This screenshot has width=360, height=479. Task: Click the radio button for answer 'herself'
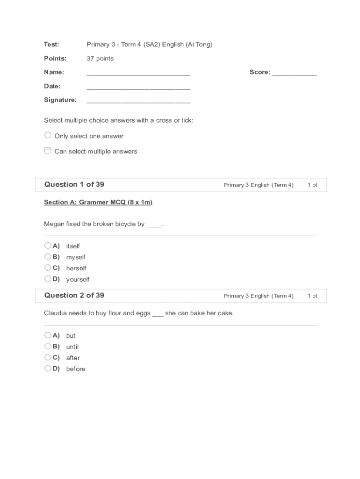[x=48, y=268]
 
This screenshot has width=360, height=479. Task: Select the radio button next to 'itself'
[x=48, y=246]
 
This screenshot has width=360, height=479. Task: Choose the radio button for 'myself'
[x=48, y=256]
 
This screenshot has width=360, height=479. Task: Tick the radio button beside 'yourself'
[x=48, y=279]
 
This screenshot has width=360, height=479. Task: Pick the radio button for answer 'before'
[x=48, y=368]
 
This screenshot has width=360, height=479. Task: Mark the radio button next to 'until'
[x=48, y=346]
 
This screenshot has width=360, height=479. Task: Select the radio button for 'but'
[x=48, y=335]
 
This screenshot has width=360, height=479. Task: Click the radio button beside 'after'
[x=48, y=357]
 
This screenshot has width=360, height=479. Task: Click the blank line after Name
[x=138, y=73]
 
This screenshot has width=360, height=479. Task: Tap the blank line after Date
[x=138, y=87]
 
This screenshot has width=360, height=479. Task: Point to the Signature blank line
[x=138, y=101]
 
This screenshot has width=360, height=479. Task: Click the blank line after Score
[x=295, y=73]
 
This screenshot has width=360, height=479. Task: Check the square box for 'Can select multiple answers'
[x=48, y=151]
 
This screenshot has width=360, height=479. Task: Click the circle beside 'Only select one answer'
[x=48, y=135]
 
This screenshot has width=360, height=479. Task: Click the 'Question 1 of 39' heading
[x=74, y=184]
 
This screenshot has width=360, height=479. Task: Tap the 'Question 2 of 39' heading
[x=74, y=295]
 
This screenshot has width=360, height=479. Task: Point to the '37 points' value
[x=100, y=58]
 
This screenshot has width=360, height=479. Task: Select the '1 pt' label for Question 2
[x=312, y=296]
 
